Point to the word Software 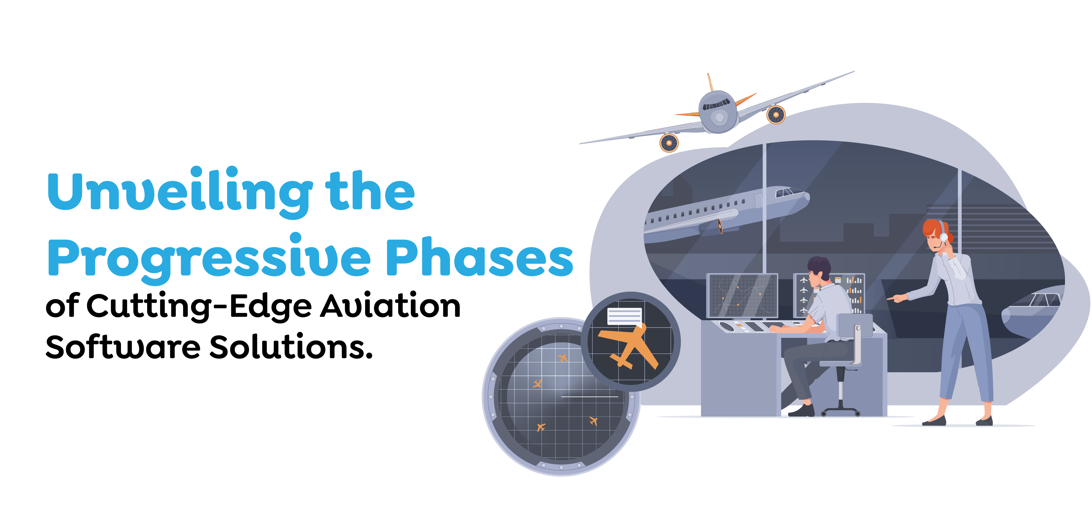[x=123, y=347]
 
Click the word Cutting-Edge [x=199, y=306]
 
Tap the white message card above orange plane [x=624, y=316]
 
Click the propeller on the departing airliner [x=720, y=226]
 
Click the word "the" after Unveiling [x=370, y=191]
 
